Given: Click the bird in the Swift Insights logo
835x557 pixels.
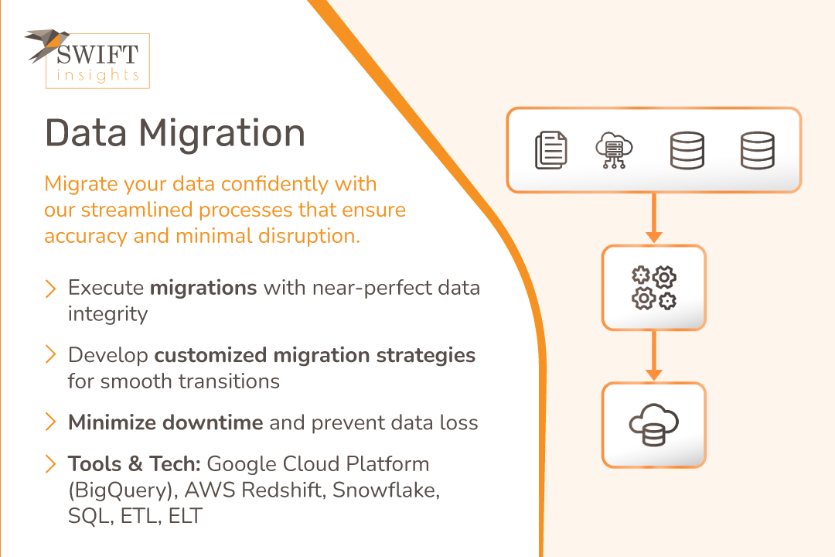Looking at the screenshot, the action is click(46, 43).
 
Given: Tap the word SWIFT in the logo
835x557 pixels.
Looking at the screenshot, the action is click(97, 55).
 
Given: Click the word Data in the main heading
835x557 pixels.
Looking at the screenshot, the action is click(86, 133).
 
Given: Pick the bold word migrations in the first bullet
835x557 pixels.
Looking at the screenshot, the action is click(203, 289).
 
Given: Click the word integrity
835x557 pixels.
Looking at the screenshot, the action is click(107, 314).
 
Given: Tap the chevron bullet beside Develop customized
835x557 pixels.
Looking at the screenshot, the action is click(50, 354).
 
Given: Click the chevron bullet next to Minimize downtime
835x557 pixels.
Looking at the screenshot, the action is click(50, 422).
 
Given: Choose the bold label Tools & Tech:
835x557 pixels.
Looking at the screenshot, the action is click(135, 464).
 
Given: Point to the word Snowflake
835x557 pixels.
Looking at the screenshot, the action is click(386, 490).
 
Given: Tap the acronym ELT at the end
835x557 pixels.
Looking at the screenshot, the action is click(186, 516).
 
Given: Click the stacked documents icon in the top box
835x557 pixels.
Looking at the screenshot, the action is click(550, 150).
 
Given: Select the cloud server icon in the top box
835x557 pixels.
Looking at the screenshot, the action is click(614, 150).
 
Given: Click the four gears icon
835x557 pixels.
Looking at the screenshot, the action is click(654, 288).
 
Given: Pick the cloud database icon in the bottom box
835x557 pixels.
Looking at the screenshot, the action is click(653, 425).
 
